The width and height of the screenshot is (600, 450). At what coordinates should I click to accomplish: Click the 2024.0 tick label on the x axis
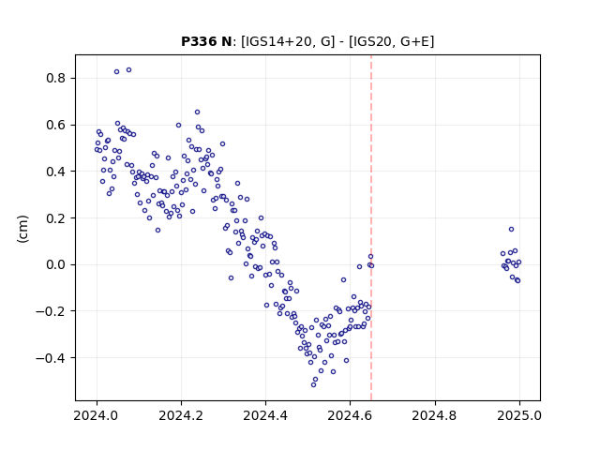(x=97, y=415)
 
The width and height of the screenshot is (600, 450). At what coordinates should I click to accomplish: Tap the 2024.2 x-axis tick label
(x=181, y=415)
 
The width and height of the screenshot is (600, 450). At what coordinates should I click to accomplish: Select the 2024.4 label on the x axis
(x=265, y=415)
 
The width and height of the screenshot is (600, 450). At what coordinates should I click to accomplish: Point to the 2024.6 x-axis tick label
(x=350, y=415)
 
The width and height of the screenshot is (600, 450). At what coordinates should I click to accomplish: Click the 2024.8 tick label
(x=434, y=415)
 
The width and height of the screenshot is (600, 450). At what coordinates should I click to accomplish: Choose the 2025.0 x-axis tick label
(x=519, y=415)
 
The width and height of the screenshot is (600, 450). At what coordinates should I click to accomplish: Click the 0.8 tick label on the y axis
(x=56, y=79)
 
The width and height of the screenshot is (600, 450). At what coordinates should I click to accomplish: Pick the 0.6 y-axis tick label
(x=56, y=125)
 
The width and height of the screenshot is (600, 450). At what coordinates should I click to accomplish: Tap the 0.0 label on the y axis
(x=56, y=264)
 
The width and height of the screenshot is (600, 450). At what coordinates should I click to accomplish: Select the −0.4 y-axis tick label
(x=51, y=358)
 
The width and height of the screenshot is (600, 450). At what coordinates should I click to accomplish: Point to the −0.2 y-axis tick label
(x=51, y=311)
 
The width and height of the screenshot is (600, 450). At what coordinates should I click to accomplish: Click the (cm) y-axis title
(x=22, y=229)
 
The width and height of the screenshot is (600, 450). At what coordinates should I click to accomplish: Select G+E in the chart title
(x=415, y=41)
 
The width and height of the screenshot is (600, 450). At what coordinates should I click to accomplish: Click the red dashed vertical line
(x=371, y=228)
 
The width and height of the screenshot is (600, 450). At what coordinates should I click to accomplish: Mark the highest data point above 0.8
(x=129, y=70)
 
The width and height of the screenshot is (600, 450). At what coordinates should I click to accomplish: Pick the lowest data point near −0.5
(x=313, y=384)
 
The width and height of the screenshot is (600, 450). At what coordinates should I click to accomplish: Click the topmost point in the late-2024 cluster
(x=511, y=229)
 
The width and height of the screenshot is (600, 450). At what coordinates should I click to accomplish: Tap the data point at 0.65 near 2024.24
(x=198, y=112)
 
